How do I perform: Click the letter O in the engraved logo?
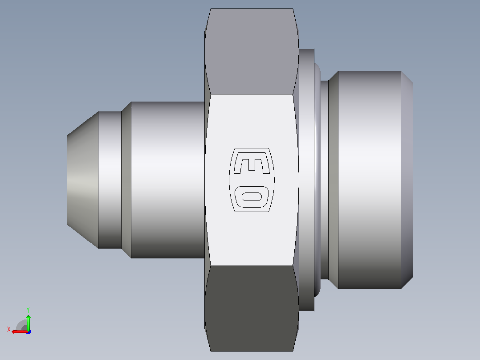(252, 196)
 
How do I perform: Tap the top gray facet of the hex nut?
(252, 51)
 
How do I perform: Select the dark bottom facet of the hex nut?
(252, 308)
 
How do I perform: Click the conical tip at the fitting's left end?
(82, 180)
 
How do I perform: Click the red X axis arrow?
(20, 332)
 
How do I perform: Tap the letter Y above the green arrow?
(28, 310)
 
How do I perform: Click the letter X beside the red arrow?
(9, 329)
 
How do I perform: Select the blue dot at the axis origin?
(29, 332)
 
